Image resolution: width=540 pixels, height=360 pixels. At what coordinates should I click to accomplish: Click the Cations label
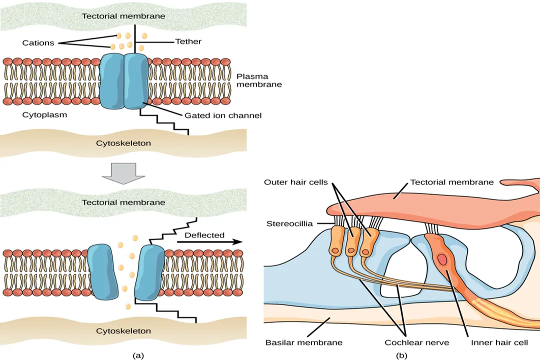click(x=38, y=43)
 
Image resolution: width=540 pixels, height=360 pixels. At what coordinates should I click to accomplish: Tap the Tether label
click(x=188, y=41)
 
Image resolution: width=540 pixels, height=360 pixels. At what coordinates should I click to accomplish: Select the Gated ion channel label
click(x=222, y=115)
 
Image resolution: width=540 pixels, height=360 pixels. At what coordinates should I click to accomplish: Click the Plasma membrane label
click(x=259, y=80)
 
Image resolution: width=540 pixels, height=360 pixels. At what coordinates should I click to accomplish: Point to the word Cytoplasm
click(x=44, y=114)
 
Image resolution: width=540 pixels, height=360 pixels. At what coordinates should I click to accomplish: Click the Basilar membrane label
click(x=304, y=342)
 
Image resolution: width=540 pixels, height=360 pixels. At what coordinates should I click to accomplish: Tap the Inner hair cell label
click(x=499, y=342)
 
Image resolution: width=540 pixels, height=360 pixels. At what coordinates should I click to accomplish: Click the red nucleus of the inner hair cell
click(x=443, y=260)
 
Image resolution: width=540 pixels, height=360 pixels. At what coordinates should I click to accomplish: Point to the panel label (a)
click(x=138, y=355)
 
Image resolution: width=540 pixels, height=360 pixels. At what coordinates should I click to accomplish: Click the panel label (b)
click(x=401, y=355)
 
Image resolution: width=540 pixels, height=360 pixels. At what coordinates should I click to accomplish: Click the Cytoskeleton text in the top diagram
click(x=123, y=143)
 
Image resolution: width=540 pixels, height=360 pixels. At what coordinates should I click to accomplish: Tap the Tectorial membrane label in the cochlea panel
click(x=451, y=182)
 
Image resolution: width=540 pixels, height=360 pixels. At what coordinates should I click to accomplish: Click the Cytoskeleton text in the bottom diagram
click(x=123, y=331)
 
